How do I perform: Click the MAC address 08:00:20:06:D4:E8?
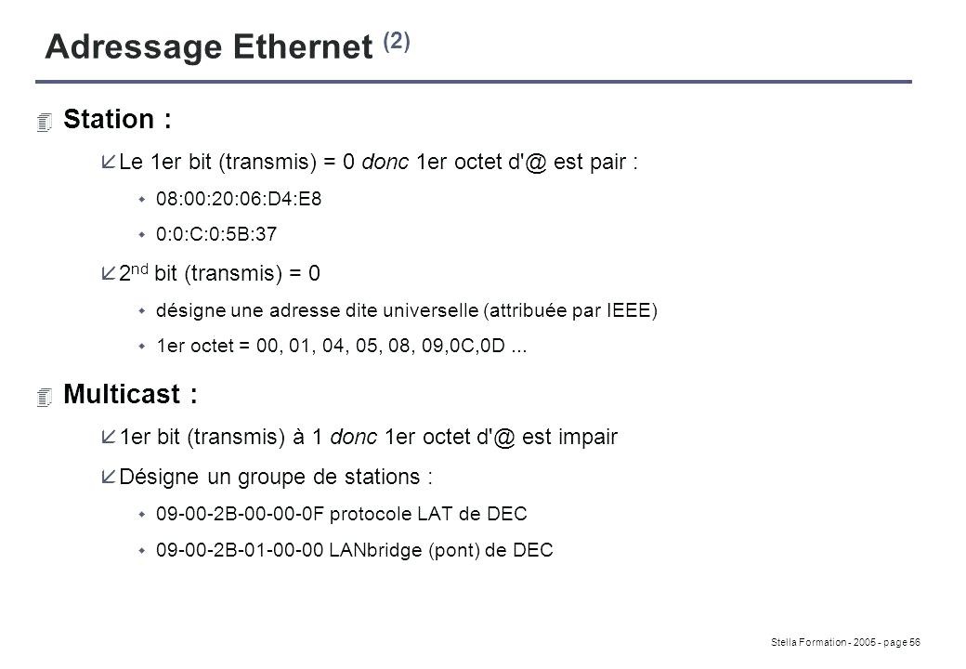click(240, 200)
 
